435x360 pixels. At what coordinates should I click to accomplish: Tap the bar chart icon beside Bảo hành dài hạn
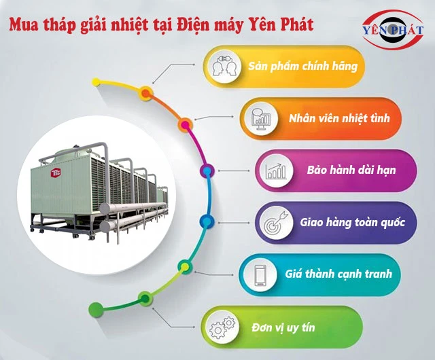[276, 170]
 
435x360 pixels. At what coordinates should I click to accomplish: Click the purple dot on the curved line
[206, 169]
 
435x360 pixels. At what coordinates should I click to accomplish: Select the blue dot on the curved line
[206, 221]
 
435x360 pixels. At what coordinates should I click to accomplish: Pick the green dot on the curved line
[144, 298]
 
